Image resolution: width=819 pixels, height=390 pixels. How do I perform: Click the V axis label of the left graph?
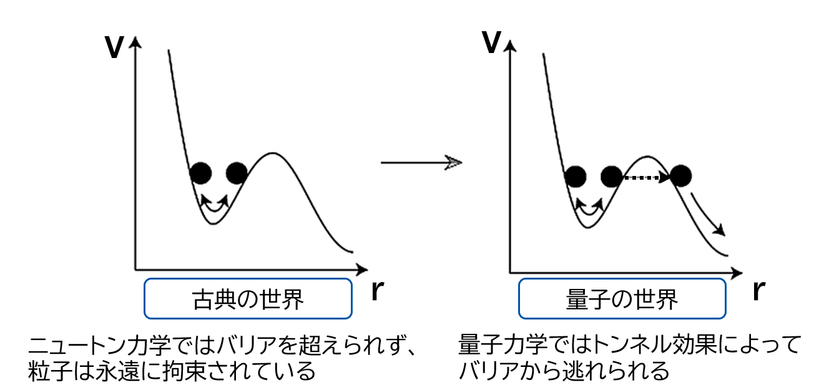click(114, 47)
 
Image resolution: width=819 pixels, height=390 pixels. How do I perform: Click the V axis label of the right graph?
click(491, 42)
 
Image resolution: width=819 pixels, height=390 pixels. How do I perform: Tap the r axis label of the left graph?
click(377, 291)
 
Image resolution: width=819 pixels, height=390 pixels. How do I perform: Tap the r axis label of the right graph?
click(759, 291)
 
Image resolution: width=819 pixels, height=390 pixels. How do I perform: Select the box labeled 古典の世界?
click(248, 299)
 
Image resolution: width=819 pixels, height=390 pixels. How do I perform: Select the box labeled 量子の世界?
click(622, 299)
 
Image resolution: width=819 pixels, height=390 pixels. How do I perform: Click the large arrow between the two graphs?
click(421, 163)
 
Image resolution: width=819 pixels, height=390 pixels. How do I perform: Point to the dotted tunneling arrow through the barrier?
click(647, 178)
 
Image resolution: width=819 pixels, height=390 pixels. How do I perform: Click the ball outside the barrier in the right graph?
click(681, 176)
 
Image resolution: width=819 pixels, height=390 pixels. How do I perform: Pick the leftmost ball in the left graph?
click(200, 172)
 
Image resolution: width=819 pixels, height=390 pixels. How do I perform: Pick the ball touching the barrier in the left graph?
click(237, 172)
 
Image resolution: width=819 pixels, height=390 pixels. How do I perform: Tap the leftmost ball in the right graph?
click(576, 177)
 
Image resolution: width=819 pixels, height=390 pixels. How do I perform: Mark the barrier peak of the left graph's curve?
click(272, 153)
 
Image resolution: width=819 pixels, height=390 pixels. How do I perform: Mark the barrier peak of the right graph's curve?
click(647, 157)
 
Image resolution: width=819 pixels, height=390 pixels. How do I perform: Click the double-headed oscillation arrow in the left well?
click(215, 205)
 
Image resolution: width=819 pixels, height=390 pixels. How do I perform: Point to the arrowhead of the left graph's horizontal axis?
click(362, 270)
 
